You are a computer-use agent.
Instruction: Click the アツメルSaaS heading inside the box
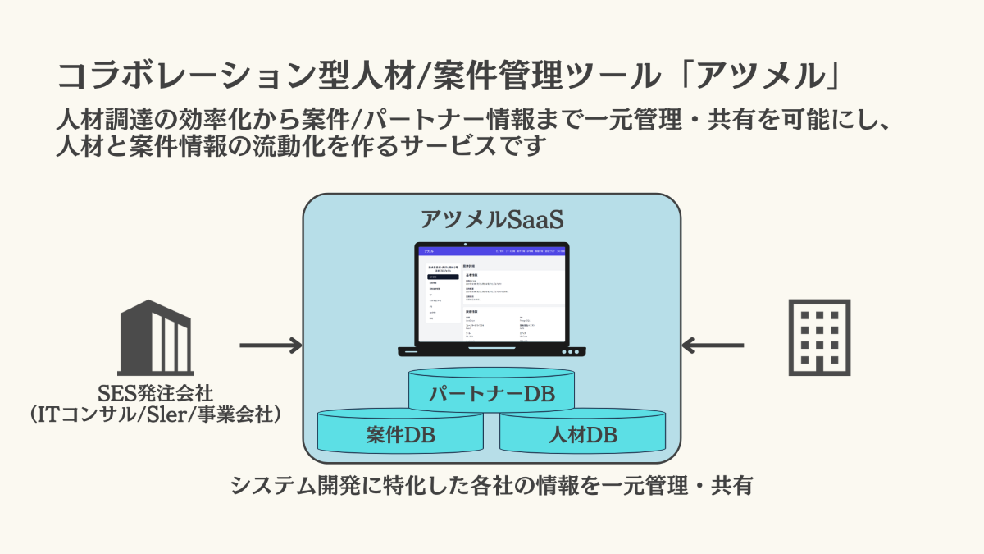(x=491, y=220)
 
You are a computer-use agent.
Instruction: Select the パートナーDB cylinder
(x=491, y=394)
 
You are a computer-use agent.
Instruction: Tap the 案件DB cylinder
(x=400, y=434)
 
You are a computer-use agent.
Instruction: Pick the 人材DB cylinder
(x=582, y=434)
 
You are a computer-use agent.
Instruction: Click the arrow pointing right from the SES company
(x=271, y=346)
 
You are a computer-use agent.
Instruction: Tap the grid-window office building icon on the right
(x=820, y=337)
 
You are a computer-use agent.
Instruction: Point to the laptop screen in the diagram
(x=491, y=295)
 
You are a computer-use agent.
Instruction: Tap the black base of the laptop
(x=491, y=351)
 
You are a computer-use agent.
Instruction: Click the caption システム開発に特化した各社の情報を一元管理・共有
(x=491, y=485)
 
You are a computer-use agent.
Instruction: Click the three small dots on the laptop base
(x=569, y=351)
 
